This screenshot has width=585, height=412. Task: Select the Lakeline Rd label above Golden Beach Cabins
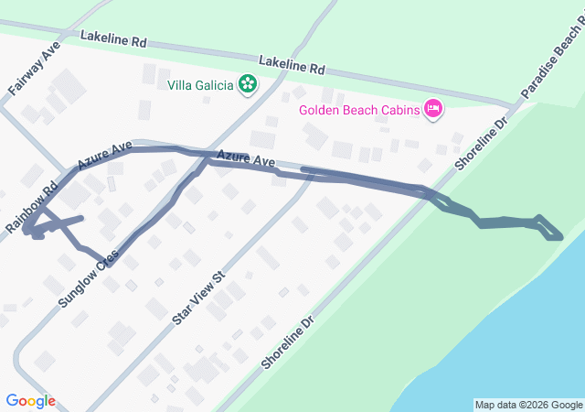292,65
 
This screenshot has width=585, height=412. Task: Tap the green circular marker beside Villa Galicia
247,85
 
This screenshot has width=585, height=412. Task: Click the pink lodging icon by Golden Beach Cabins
433,110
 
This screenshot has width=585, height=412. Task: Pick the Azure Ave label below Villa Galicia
247,160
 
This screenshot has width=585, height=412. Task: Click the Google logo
30,401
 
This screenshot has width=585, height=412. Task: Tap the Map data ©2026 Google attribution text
528,405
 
